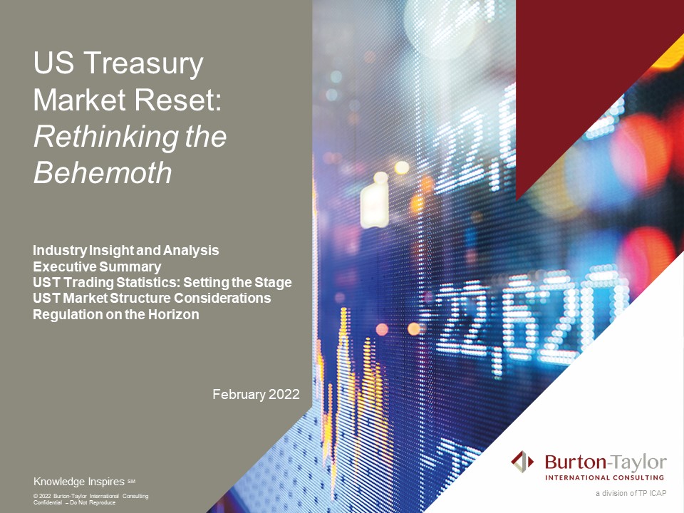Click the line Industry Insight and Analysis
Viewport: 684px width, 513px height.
coord(126,251)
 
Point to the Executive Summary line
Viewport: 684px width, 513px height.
coord(97,266)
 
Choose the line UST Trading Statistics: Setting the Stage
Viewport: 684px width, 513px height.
coord(162,282)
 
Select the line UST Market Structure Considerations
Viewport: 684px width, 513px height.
coord(152,298)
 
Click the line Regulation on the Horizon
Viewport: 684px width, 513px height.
coord(116,313)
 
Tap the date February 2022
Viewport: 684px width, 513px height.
coord(256,394)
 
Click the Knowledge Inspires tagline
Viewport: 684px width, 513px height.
coord(79,481)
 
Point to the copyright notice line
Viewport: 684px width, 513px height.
coord(91,495)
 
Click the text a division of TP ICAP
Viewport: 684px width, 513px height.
coord(631,493)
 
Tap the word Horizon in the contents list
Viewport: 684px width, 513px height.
coord(173,313)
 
